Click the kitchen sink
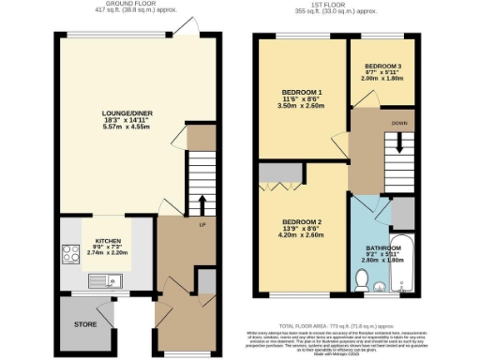pyautogui.click(x=100, y=280)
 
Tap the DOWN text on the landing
pyautogui.click(x=398, y=122)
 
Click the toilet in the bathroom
pyautogui.click(x=364, y=277)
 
